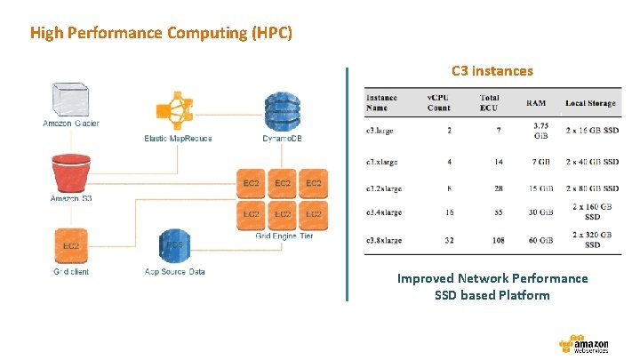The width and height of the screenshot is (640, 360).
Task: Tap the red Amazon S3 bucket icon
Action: pos(71,172)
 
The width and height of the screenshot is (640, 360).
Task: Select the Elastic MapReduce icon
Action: pos(178,110)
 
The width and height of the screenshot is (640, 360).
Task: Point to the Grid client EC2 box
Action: pos(71,245)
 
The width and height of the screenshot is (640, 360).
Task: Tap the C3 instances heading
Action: pos(492,70)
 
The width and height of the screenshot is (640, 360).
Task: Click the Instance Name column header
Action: pos(381,102)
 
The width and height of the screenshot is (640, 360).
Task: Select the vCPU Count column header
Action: pos(439,102)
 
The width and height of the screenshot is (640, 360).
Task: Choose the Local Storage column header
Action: pos(590,104)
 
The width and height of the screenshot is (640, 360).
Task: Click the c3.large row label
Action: pos(380,131)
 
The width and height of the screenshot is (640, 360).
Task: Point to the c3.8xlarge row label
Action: pos(384,240)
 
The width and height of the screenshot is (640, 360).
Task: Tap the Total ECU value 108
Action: pos(499,240)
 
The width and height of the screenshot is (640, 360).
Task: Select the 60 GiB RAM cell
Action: pos(540,240)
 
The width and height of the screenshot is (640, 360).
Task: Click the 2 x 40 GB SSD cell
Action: pos(592,163)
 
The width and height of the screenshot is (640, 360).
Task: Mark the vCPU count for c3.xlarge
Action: pos(449,163)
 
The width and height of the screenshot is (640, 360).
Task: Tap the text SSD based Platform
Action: pos(492,295)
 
